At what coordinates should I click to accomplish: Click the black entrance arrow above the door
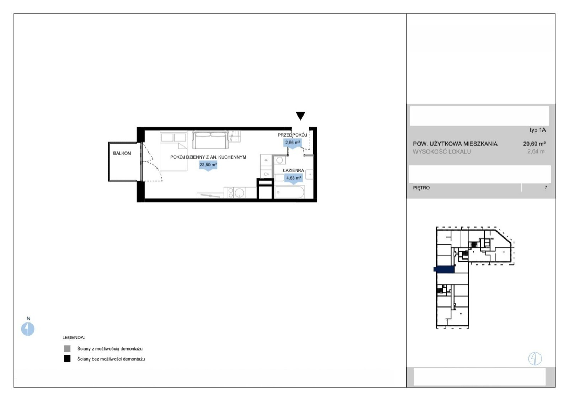tap(300, 116)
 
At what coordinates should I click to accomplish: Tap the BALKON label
tap(122, 153)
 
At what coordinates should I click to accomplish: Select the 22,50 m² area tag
tap(208, 165)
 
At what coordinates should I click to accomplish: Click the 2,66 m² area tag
tap(292, 143)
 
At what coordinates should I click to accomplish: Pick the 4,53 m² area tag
tap(294, 178)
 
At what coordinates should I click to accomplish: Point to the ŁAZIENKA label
tap(293, 170)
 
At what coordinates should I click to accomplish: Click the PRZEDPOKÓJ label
tap(292, 135)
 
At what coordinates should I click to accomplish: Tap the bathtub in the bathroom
tap(290, 192)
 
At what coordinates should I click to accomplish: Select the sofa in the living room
tap(210, 139)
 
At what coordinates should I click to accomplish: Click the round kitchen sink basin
tap(239, 193)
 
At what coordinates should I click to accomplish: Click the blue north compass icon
tap(28, 328)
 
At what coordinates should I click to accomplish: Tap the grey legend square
tap(67, 348)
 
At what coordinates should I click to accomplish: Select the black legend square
tap(67, 359)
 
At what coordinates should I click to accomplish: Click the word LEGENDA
tap(74, 337)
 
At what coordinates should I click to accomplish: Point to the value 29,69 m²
tap(534, 144)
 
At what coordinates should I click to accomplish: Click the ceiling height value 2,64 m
tap(536, 151)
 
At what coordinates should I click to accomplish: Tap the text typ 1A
tap(537, 130)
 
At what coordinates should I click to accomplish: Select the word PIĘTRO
tap(421, 188)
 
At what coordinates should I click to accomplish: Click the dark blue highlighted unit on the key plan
tap(444, 269)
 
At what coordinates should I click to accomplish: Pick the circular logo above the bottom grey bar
tap(535, 359)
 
